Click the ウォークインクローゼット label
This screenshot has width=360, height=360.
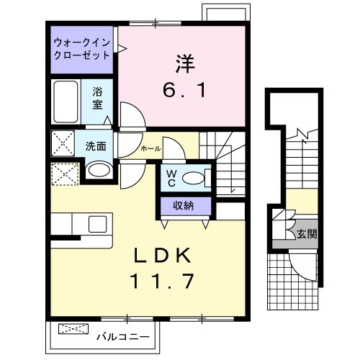(82, 49)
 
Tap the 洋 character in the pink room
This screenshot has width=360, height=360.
(185, 63)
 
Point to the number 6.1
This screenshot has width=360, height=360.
(184, 90)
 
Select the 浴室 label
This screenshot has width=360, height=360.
(97, 98)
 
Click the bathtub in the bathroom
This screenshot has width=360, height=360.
(66, 102)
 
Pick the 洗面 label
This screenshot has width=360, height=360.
(96, 146)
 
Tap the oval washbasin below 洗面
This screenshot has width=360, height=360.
(99, 170)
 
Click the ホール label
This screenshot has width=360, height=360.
(150, 149)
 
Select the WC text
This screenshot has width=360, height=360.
(171, 178)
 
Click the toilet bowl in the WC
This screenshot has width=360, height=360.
(194, 179)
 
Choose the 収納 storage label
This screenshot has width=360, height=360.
(184, 206)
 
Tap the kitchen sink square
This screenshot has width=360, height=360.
(98, 224)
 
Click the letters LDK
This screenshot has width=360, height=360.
(162, 256)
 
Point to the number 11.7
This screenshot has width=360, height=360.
(162, 282)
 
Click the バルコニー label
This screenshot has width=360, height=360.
(123, 337)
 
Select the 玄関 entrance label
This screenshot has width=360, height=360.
(307, 233)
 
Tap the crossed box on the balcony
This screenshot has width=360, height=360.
(73, 329)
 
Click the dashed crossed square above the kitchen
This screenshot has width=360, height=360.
(66, 174)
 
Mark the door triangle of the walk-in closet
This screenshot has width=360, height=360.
(122, 49)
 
